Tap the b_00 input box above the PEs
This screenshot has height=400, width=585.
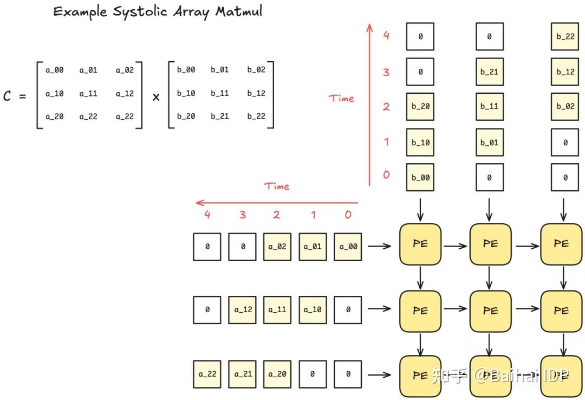[x=420, y=177]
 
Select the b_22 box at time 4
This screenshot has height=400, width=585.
[x=565, y=37]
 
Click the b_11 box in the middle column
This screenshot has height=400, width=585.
[x=489, y=107]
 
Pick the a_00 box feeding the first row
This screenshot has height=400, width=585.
[x=348, y=247]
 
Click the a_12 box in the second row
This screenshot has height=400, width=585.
[x=243, y=311]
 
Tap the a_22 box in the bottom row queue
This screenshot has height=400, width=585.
[x=207, y=375]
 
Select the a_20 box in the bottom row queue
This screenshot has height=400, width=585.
[x=277, y=375]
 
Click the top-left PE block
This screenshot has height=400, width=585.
[x=420, y=244]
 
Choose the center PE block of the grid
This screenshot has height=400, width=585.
[x=490, y=311]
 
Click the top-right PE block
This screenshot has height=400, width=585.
[x=561, y=244]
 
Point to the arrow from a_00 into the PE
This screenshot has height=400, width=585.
[x=379, y=247]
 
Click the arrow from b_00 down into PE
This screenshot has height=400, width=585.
[x=420, y=207]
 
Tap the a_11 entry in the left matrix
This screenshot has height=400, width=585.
[x=88, y=93]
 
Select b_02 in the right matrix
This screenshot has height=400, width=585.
[x=256, y=70]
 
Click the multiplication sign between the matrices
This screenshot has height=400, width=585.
[x=156, y=98]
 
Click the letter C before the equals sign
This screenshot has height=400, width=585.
[x=7, y=96]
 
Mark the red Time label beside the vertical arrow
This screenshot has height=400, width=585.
[x=341, y=99]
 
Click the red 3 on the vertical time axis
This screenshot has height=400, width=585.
[x=386, y=72]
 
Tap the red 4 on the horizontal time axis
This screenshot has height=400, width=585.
[x=207, y=215]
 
